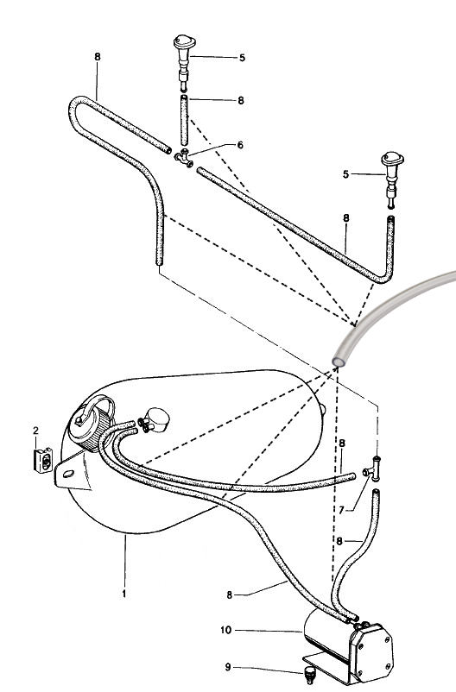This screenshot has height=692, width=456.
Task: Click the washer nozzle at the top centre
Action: pos(184,62)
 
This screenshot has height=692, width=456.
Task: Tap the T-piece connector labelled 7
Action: pos(373,469)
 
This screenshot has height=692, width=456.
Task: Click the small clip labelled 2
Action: pos(43,460)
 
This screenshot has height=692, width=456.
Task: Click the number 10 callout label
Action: pos(225,630)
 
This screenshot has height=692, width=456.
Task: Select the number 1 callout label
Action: pos(124,594)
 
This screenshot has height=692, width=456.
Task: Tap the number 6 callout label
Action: pos(240,145)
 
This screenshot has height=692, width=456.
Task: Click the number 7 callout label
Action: pos(341,510)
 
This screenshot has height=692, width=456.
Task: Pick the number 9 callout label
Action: pos(228,667)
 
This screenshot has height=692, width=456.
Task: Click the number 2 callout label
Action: pos(35,431)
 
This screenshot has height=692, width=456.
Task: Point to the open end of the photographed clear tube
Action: pos(339,362)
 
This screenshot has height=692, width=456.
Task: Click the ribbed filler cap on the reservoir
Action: pos(92,424)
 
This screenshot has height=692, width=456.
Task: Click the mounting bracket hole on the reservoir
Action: pos(68,474)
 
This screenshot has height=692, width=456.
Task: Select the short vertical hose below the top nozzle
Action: pos(184,120)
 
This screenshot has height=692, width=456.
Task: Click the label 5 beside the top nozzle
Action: pos(242,58)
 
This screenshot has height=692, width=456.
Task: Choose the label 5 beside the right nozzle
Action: pos(346,174)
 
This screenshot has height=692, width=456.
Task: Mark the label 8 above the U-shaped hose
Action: pos(98,57)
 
